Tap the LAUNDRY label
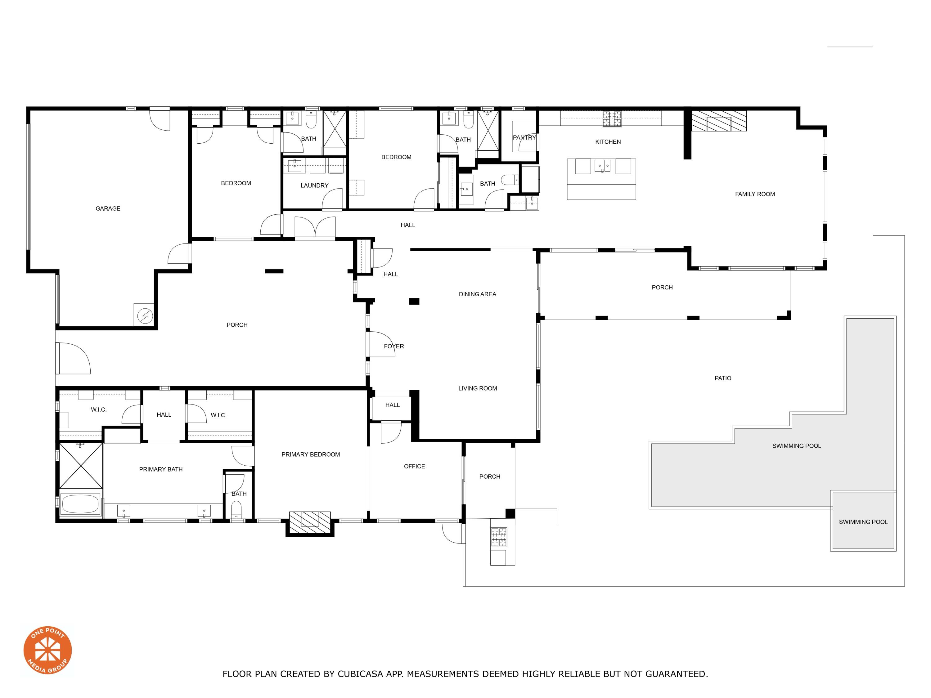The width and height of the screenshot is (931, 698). click(x=314, y=186)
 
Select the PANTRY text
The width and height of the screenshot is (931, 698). click(x=524, y=137)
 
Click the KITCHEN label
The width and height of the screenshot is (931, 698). click(x=608, y=142)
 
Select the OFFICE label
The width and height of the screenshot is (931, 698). click(x=415, y=467)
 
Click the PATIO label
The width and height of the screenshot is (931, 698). click(x=723, y=378)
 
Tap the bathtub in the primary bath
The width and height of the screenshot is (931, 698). click(x=80, y=504)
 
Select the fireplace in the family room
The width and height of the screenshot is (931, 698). click(x=719, y=121)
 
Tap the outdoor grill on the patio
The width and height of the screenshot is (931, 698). click(x=499, y=538)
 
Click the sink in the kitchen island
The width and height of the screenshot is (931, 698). click(x=602, y=166)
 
